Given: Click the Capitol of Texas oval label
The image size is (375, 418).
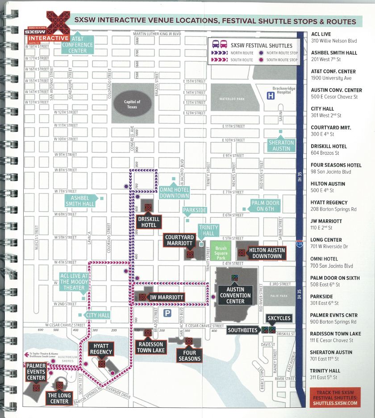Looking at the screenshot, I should (x=132, y=104).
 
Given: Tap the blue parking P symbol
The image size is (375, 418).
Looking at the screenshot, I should (x=168, y=313).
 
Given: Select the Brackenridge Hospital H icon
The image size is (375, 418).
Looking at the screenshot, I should (x=271, y=95).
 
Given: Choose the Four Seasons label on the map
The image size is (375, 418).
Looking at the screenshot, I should (x=189, y=356).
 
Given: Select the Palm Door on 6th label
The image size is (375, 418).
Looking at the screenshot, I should (x=265, y=206).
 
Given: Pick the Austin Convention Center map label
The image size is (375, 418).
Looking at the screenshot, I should (x=235, y=295).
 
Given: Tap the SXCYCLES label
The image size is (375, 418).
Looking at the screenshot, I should (x=279, y=318).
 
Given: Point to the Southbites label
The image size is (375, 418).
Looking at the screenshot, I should (x=242, y=330).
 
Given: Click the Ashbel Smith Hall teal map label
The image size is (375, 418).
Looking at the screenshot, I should (x=80, y=201).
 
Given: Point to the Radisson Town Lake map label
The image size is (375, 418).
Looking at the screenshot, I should (x=151, y=347).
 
